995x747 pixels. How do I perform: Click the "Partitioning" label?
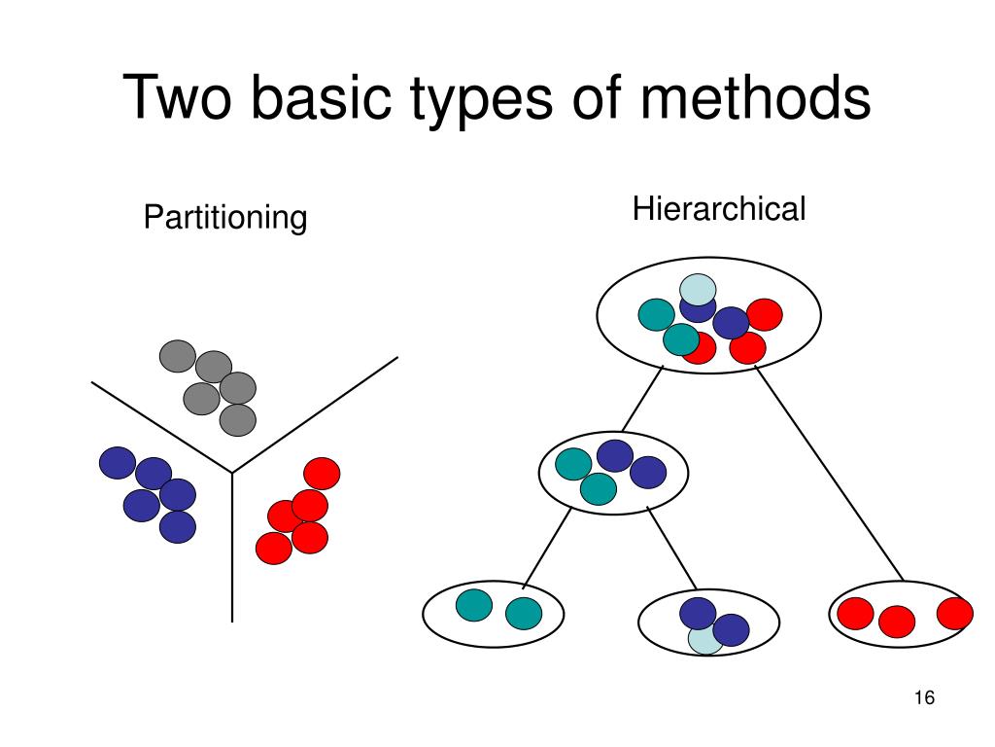tap(225, 218)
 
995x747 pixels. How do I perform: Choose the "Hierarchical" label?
tap(719, 208)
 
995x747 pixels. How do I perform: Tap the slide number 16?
tap(923, 698)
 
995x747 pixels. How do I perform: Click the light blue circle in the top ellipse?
tap(698, 289)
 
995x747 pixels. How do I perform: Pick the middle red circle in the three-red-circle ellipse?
tap(897, 621)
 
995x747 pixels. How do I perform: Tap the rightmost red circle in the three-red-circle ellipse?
tap(955, 614)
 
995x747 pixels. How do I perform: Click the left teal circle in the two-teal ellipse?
tap(475, 605)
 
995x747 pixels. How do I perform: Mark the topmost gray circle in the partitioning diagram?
tap(177, 356)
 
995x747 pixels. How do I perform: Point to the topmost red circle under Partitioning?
tap(322, 473)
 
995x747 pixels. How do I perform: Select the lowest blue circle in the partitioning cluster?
tap(178, 526)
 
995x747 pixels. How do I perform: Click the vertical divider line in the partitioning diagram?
tap(232, 554)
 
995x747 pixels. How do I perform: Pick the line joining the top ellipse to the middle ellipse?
tap(642, 399)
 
